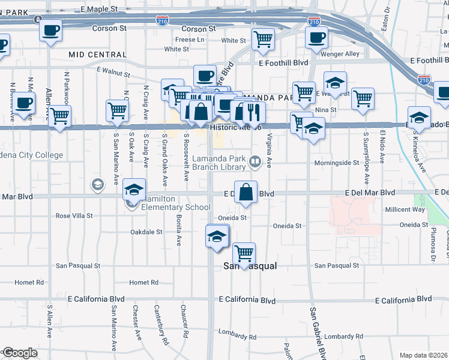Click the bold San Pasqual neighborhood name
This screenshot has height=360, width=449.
click(x=250, y=266)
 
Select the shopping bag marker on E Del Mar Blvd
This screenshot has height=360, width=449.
click(x=245, y=193)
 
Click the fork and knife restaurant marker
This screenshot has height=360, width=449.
click(x=253, y=112)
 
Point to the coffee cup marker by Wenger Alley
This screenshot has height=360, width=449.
click(x=316, y=38)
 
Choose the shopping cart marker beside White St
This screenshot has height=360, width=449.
click(x=262, y=40)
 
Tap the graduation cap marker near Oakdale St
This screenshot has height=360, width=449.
click(x=217, y=236)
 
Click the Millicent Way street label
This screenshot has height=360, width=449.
click(x=405, y=209)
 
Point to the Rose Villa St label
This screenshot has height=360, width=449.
click(x=74, y=215)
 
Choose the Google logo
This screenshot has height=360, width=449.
click(x=20, y=353)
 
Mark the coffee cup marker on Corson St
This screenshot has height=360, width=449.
click(x=50, y=30)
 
